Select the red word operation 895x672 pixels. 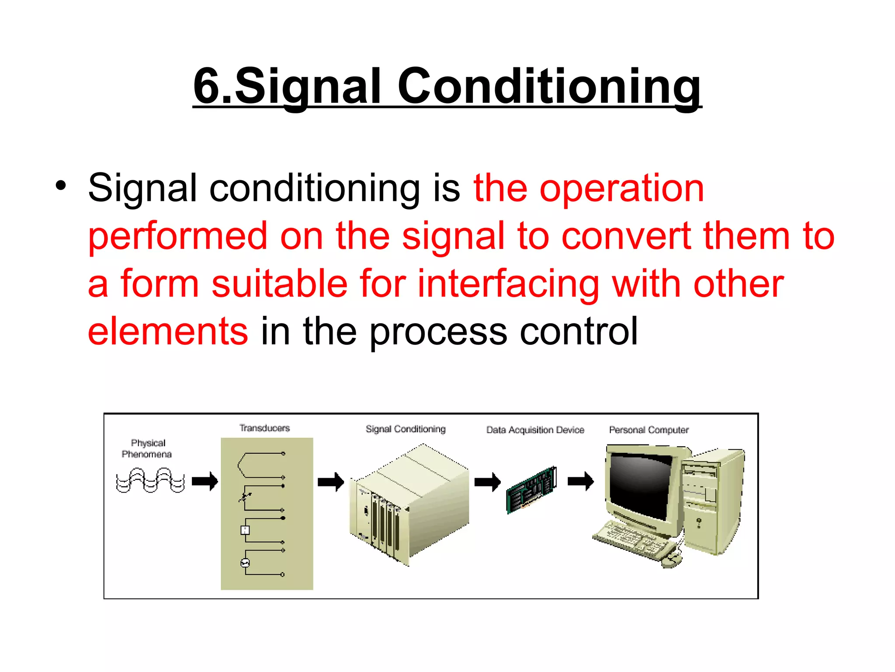[x=621, y=188]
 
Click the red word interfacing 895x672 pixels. [x=508, y=284]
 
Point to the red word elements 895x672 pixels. [x=168, y=331]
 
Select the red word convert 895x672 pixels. [x=626, y=236]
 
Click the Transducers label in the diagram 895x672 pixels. [x=264, y=428]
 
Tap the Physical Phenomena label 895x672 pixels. [x=147, y=448]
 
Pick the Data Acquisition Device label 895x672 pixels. [x=535, y=430]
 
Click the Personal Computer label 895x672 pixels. [x=649, y=430]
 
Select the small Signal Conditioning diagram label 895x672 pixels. [x=406, y=429]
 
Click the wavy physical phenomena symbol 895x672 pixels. [x=150, y=480]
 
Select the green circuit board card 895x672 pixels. [x=531, y=490]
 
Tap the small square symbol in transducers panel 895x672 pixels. [x=245, y=530]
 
